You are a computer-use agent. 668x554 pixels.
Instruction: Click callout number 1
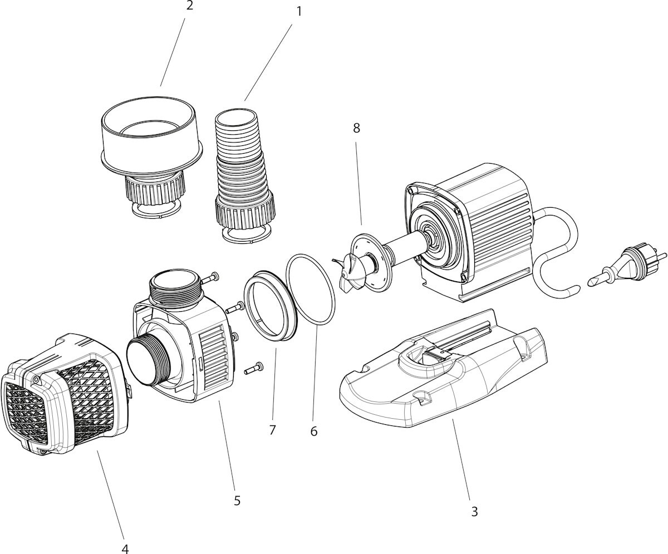(x=299, y=12)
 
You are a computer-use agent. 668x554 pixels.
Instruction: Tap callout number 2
(x=189, y=5)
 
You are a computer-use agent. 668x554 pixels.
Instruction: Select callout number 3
(x=474, y=512)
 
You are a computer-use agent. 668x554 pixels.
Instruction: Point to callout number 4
(x=125, y=549)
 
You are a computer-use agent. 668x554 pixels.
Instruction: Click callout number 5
(x=237, y=501)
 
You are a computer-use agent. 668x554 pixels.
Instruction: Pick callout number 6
(x=314, y=432)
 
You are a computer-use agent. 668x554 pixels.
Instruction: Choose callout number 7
(x=272, y=430)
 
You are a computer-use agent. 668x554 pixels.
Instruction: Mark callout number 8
(x=356, y=128)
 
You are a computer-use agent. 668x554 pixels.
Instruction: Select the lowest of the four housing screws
(x=254, y=369)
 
